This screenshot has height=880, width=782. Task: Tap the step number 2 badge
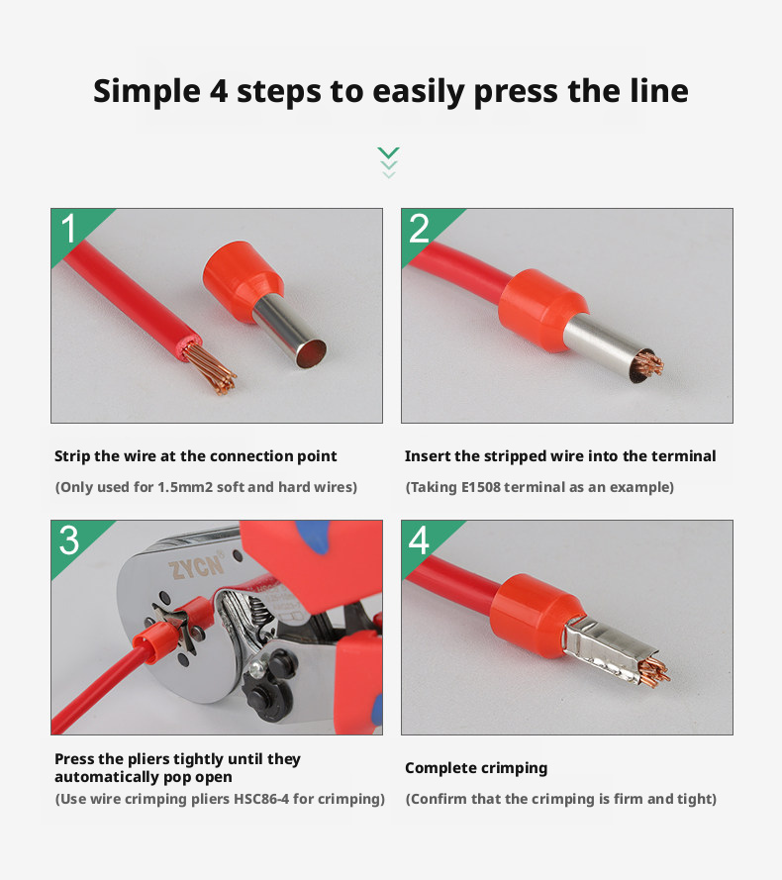[x=419, y=229]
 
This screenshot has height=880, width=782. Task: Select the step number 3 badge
[x=69, y=540]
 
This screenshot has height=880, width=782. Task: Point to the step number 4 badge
[x=419, y=540]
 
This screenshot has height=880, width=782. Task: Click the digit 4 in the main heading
[x=219, y=91]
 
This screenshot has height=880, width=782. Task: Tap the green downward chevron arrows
[x=388, y=162]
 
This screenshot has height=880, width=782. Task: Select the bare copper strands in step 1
[x=215, y=368]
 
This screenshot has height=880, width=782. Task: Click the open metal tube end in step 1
[x=311, y=354]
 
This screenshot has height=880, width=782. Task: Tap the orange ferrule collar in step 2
[x=542, y=310]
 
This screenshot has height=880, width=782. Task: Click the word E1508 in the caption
[x=480, y=487]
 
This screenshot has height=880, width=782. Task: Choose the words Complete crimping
[x=476, y=768]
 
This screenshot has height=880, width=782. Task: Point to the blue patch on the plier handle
[x=313, y=535]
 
